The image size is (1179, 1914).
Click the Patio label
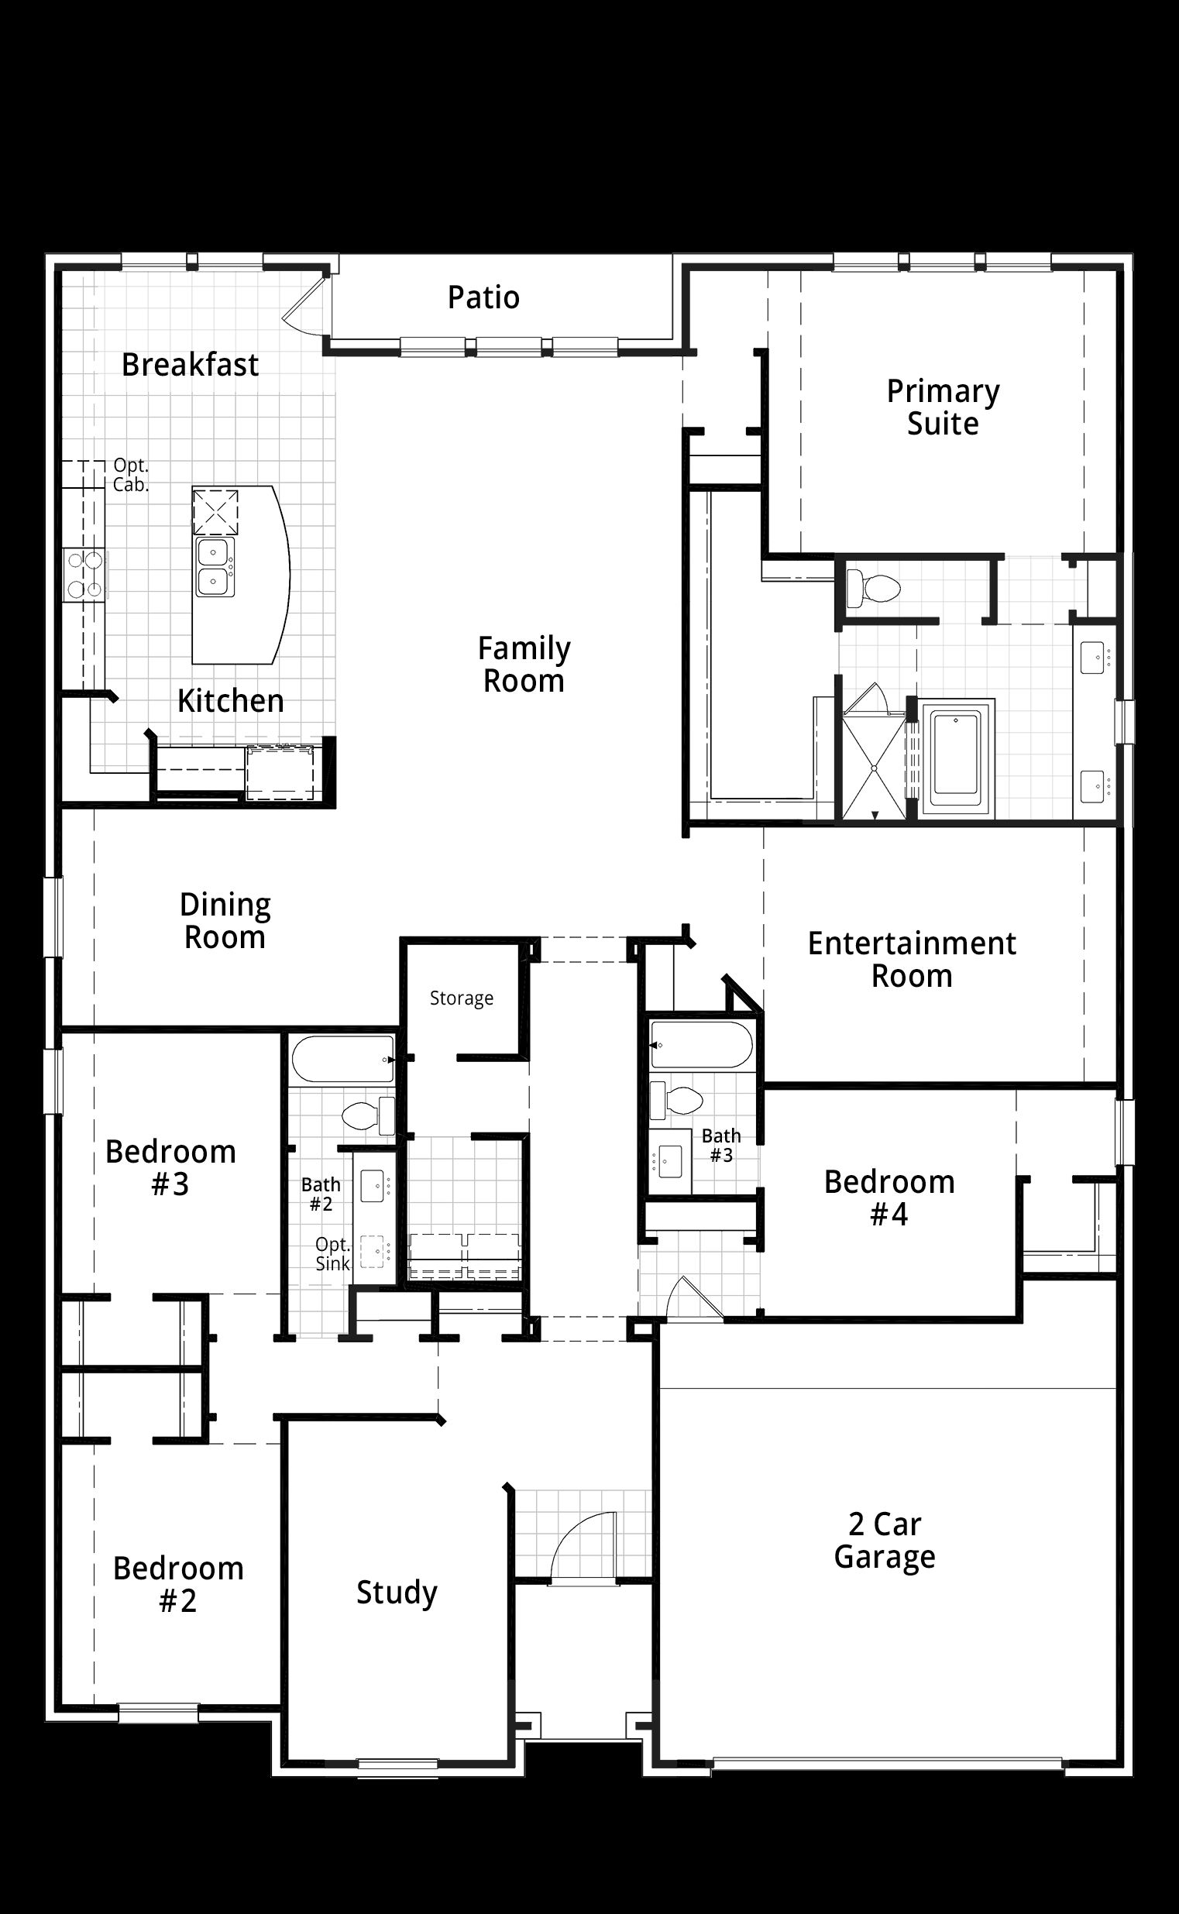click(x=483, y=297)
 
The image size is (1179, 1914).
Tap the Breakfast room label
click(x=191, y=365)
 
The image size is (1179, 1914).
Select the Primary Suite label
click(x=943, y=407)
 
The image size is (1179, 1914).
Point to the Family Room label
click(x=524, y=665)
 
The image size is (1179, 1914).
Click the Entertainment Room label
click(x=912, y=960)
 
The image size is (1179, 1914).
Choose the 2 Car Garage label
click(x=885, y=1540)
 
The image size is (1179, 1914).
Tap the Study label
click(x=397, y=1593)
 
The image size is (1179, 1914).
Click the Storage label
click(x=462, y=998)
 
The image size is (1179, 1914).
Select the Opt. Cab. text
click(x=130, y=475)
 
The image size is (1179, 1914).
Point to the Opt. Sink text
click(x=333, y=1253)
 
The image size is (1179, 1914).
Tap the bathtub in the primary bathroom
click(x=955, y=758)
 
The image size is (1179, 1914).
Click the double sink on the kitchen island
click(x=215, y=568)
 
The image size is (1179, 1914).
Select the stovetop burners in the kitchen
click(x=84, y=575)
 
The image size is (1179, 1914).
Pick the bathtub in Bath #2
click(x=343, y=1059)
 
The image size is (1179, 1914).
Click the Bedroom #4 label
click(x=889, y=1198)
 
